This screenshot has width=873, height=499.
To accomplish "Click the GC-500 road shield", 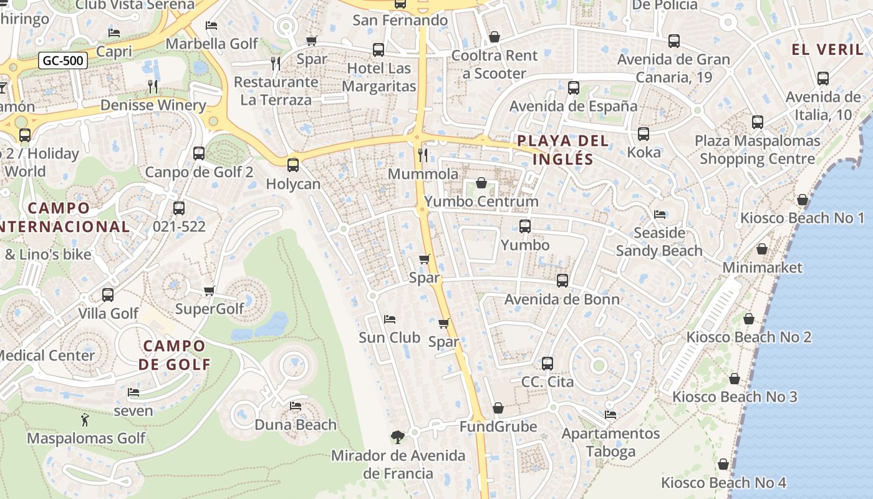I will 63,61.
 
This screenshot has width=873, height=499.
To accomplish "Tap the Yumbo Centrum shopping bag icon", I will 481,183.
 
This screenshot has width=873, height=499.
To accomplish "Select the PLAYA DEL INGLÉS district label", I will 563,150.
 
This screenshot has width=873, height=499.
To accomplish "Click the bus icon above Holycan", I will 293,165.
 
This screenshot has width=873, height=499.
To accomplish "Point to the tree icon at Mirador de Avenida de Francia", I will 397,437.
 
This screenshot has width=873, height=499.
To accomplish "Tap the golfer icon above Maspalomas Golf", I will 85,420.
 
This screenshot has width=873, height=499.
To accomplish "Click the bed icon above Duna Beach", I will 296,406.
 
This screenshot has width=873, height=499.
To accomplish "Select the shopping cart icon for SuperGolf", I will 210,291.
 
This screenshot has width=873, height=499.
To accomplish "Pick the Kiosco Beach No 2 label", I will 749,337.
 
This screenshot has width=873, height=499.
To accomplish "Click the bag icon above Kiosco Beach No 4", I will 723,464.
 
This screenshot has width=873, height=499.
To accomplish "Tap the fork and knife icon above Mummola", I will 423,155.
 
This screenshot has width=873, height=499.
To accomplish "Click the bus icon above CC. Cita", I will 547,363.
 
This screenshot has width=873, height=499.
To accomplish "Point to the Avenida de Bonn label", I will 562,299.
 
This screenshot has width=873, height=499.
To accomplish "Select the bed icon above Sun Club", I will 390,319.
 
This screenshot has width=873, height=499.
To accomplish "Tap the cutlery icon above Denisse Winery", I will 153,86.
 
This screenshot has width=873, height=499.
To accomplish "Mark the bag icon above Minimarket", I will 762,249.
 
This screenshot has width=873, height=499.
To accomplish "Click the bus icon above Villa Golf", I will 108,294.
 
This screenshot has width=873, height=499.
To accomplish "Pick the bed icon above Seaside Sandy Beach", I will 660,215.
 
